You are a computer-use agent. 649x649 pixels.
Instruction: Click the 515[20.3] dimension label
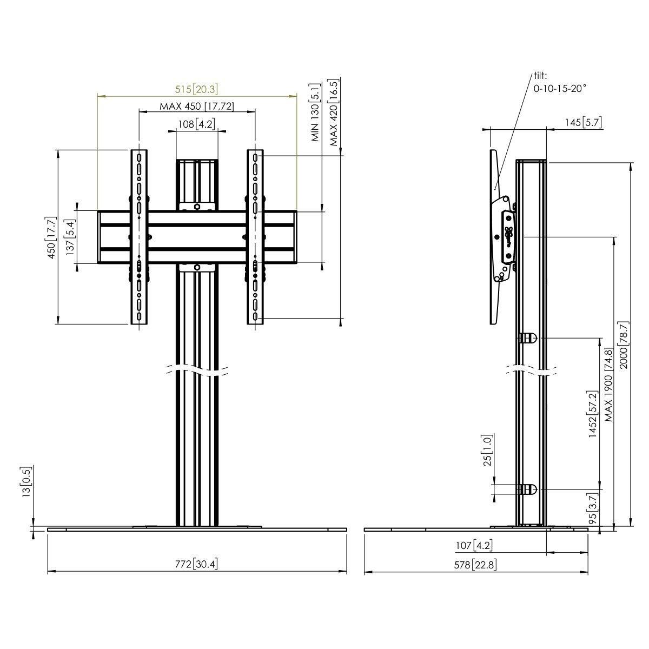point(196,89)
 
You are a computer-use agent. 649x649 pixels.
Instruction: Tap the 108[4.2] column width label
point(196,124)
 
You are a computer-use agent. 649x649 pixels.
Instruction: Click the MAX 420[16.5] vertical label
point(334,112)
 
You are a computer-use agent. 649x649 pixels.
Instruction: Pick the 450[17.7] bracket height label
point(51,237)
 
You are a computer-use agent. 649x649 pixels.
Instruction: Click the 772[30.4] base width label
point(196,564)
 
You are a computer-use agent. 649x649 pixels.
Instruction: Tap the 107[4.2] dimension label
point(474,545)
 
